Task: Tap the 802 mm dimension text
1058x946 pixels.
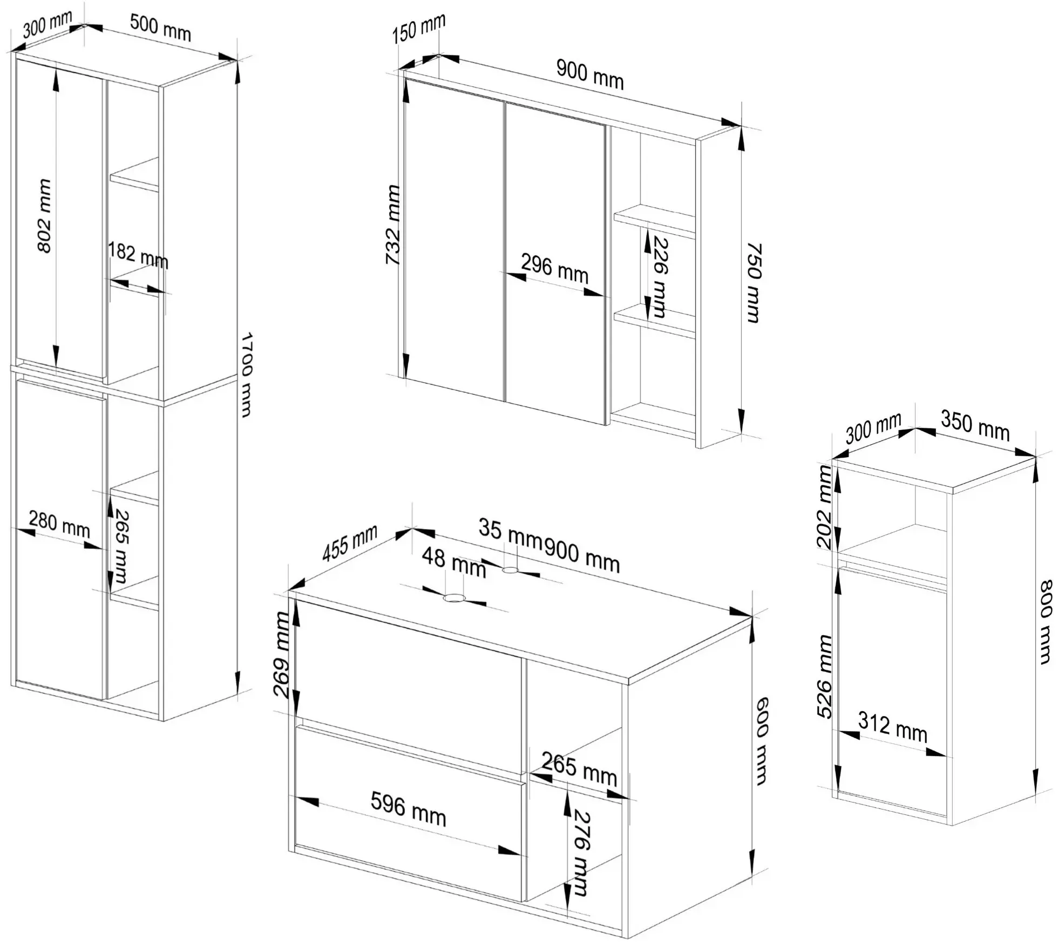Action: (44, 216)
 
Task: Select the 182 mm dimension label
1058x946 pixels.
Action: (138, 255)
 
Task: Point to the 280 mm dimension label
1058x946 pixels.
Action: (59, 524)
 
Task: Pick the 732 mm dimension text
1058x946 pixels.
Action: (393, 225)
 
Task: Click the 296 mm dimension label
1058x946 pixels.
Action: (554, 268)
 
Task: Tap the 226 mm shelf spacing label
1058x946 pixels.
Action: (660, 276)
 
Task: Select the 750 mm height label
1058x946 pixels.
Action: (754, 283)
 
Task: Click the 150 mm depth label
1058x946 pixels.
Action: (419, 29)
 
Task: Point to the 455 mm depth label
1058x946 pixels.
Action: (350, 543)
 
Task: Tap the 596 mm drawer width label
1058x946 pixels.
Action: (409, 809)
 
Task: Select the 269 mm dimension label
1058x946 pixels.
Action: (283, 655)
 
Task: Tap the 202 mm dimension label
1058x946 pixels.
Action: (825, 507)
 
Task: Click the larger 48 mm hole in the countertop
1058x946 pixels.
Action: (455, 598)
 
